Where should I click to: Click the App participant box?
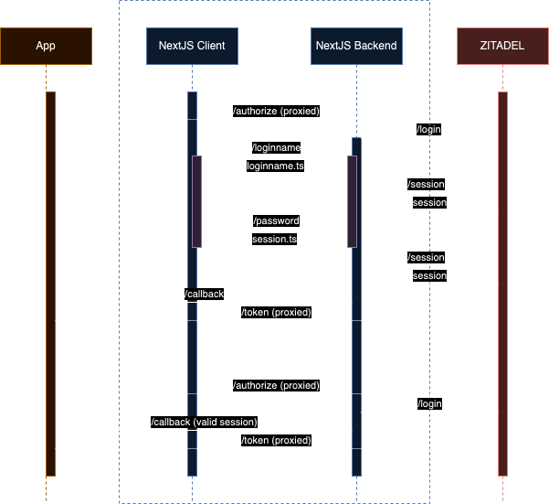[46, 46]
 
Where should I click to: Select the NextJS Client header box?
[192, 46]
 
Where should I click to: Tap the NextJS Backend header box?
[356, 46]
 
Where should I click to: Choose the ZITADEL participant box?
[502, 46]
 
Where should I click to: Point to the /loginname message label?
[275, 147]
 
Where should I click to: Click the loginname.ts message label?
[275, 166]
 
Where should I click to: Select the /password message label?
[275, 220]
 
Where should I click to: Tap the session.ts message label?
[275, 239]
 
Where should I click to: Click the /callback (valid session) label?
[204, 422]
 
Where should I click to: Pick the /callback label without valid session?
[204, 294]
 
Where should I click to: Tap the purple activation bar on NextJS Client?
[196, 201]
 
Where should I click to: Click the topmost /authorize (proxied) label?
[275, 111]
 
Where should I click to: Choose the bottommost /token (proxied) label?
[275, 440]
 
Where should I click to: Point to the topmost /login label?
[428, 129]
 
